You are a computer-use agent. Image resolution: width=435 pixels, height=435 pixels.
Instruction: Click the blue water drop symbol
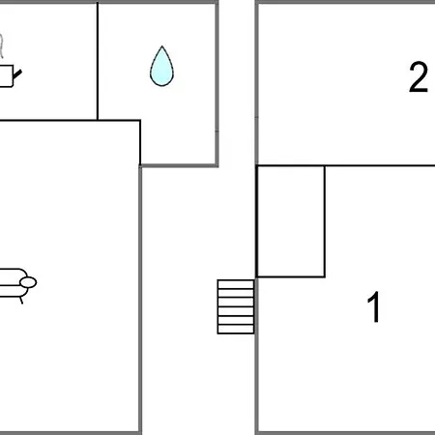pyautogui.click(x=161, y=67)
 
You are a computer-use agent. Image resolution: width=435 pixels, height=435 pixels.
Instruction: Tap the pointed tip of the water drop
pyautogui.click(x=162, y=46)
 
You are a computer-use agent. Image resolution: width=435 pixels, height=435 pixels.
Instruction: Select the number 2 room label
pyautogui.click(x=419, y=77)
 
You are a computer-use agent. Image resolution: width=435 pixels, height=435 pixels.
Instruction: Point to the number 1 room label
pyautogui.click(x=374, y=306)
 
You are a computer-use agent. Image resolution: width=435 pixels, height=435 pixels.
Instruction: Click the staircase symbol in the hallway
pyautogui.click(x=236, y=306)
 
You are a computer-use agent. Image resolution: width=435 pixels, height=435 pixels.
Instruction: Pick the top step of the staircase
pyautogui.click(x=236, y=284)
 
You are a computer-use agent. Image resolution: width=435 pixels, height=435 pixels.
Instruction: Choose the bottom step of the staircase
pyautogui.click(x=236, y=330)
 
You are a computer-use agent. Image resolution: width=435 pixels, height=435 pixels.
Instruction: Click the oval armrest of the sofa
pyautogui.click(x=28, y=282)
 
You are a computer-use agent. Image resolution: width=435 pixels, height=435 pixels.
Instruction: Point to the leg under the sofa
pyautogui.click(x=21, y=301)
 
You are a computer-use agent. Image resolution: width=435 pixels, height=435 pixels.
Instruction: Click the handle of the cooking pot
pyautogui.click(x=17, y=74)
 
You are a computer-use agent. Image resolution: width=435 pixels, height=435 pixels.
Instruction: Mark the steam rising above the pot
pyautogui.click(x=2, y=45)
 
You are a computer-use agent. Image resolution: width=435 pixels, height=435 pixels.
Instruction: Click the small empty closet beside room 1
pyautogui.click(x=291, y=221)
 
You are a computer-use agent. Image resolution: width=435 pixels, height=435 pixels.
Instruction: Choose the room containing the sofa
pyautogui.click(x=70, y=276)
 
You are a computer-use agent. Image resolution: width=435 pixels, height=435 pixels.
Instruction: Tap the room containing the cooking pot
pyautogui.click(x=48, y=61)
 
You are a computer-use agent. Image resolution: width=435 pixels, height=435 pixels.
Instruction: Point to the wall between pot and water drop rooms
pyautogui.click(x=98, y=61)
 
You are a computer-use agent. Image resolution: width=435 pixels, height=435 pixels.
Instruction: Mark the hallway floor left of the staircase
pyautogui.click(x=179, y=306)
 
